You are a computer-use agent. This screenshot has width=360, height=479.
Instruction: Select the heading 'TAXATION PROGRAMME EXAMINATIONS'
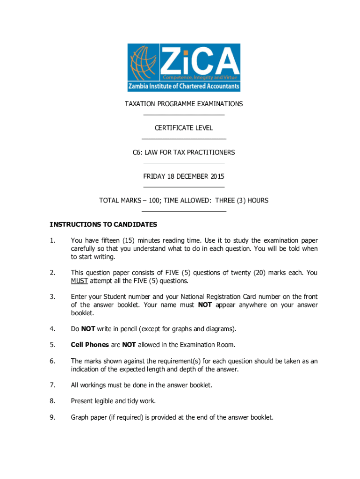tap(184, 104)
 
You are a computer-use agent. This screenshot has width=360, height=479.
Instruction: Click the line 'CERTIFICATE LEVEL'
tap(184, 128)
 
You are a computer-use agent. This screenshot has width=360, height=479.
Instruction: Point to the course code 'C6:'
tap(137, 152)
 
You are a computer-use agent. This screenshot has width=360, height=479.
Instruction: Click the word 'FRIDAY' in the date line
tap(154, 176)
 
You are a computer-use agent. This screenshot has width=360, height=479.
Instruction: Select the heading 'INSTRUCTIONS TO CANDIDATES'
tap(103, 225)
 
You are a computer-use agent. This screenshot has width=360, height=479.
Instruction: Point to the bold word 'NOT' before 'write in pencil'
tap(88, 329)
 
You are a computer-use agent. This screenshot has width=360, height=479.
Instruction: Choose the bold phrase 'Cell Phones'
tap(89, 345)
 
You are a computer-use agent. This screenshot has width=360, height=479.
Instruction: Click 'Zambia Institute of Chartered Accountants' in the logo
tap(184, 87)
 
